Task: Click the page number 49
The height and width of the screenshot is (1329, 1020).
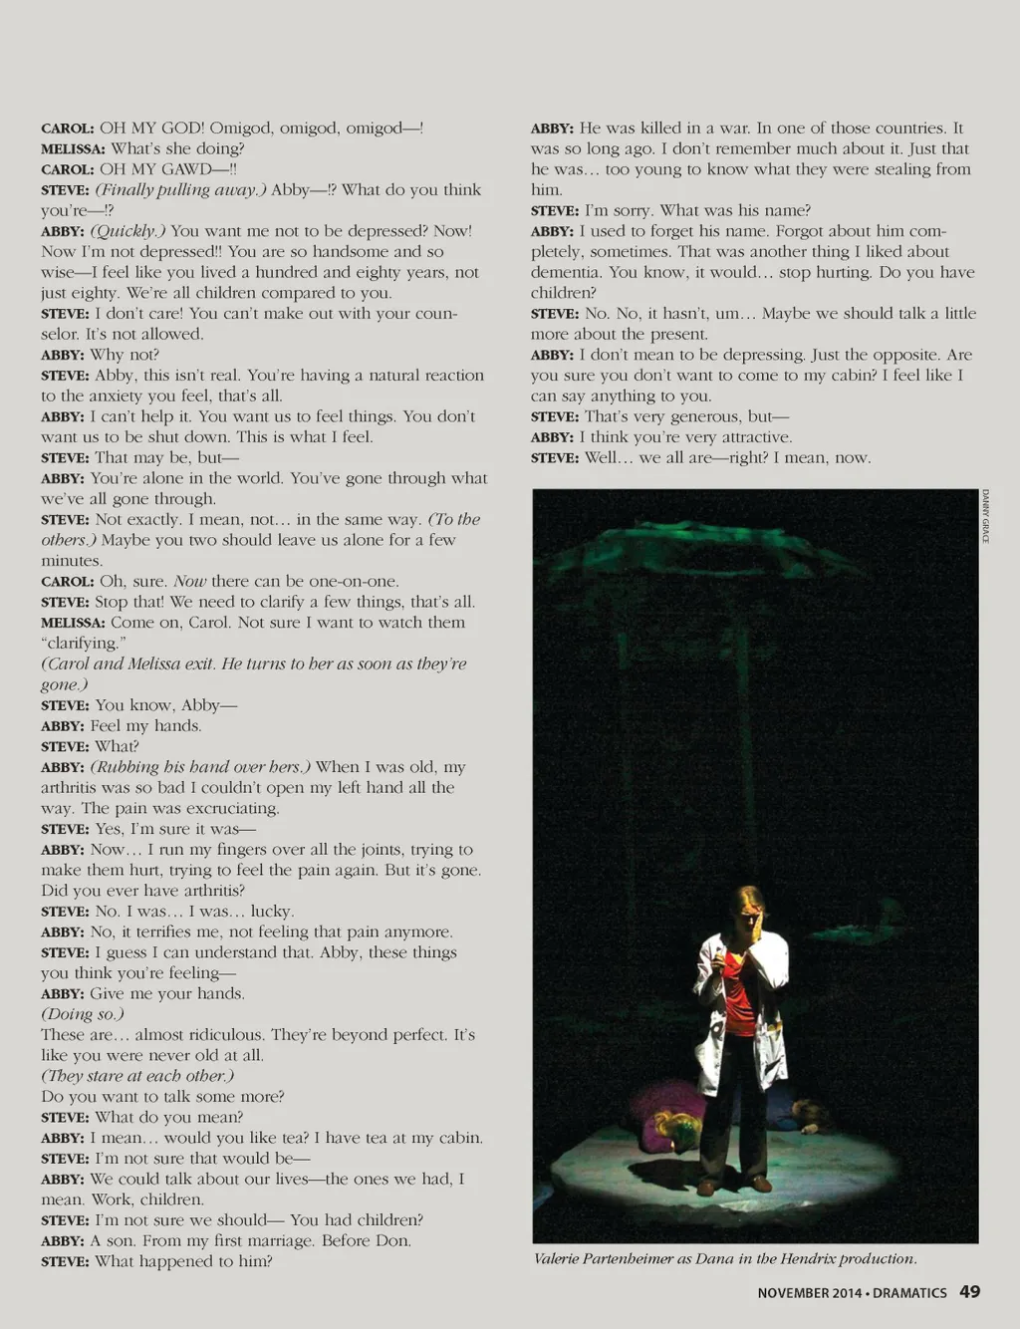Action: [x=969, y=1292]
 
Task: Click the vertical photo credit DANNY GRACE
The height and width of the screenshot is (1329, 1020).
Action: [x=985, y=516]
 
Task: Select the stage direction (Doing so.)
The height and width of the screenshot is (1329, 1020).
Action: [x=82, y=1014]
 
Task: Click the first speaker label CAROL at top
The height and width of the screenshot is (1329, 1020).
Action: [x=67, y=129]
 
